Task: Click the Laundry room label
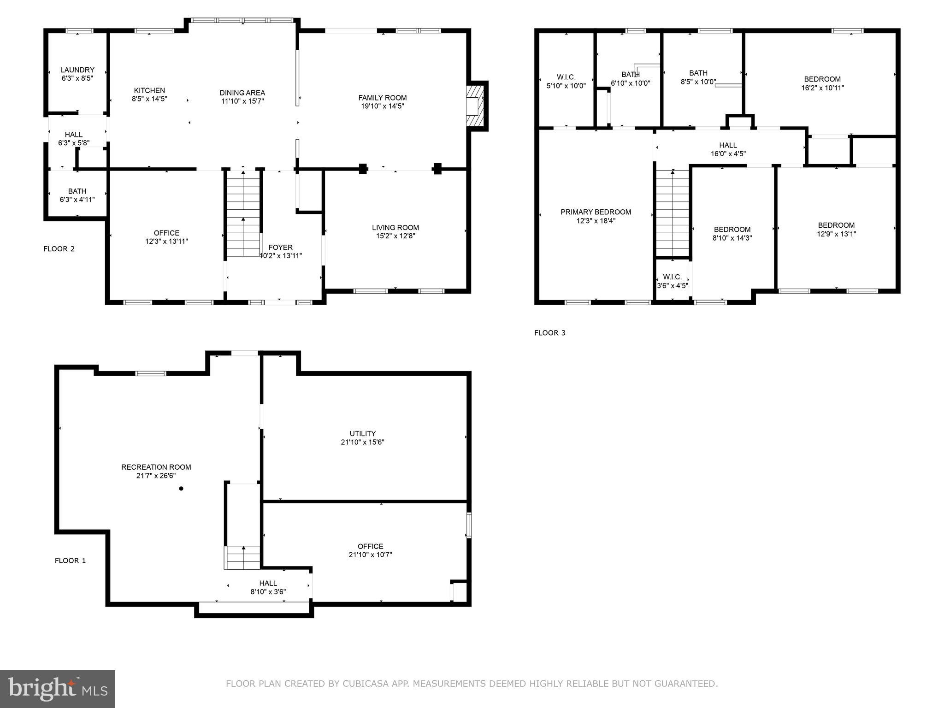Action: [x=77, y=70]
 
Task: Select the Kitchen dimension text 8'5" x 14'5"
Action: [x=149, y=99]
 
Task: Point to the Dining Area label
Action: [x=242, y=93]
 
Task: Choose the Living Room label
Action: [x=395, y=227]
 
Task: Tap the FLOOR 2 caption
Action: [x=59, y=249]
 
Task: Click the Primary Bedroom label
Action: [x=596, y=212]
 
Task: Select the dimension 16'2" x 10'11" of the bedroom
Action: [x=822, y=88]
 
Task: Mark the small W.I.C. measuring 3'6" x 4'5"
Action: [x=672, y=281]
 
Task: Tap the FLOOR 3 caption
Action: [x=549, y=333]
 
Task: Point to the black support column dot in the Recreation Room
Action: [x=181, y=489]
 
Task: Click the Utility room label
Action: [x=362, y=433]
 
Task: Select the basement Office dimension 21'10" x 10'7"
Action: [x=370, y=555]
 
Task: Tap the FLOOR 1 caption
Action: [x=70, y=560]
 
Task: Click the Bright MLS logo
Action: [x=58, y=689]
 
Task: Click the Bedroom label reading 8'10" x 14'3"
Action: [x=732, y=230]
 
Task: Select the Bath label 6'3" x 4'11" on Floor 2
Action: [x=77, y=191]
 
